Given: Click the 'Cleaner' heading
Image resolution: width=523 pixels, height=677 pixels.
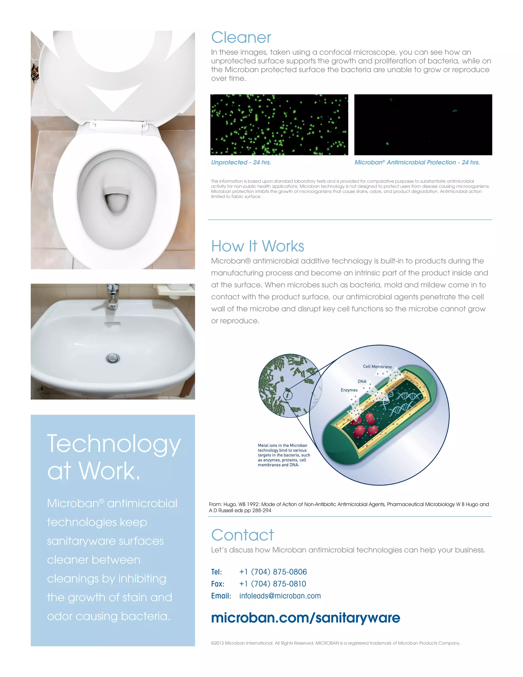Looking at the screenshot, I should click(x=241, y=38).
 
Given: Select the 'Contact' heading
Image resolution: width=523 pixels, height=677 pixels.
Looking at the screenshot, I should click(x=243, y=535).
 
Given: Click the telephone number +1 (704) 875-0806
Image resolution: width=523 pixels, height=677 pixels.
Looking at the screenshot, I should click(x=273, y=572).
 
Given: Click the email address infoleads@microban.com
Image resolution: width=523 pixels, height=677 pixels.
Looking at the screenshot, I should click(x=280, y=596).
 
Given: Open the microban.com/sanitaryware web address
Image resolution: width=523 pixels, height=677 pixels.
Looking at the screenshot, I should click(x=305, y=618).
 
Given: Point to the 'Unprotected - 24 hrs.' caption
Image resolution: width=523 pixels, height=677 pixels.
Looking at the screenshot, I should click(x=241, y=162).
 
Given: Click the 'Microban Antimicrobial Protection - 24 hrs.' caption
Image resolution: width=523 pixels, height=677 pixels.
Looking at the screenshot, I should click(x=417, y=162).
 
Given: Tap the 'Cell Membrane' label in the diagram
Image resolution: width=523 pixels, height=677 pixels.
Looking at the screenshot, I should click(x=377, y=367).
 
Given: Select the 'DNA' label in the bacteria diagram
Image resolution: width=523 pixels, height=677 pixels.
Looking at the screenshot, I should click(x=362, y=382).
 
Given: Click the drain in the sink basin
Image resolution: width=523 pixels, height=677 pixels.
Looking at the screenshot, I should click(x=113, y=358).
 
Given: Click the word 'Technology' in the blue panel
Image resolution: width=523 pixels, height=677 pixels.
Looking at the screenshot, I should click(x=114, y=444).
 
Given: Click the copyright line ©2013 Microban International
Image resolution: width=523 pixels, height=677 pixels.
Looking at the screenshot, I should click(x=335, y=643).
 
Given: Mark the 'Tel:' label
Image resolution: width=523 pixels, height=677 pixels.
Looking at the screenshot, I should click(x=216, y=572).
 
